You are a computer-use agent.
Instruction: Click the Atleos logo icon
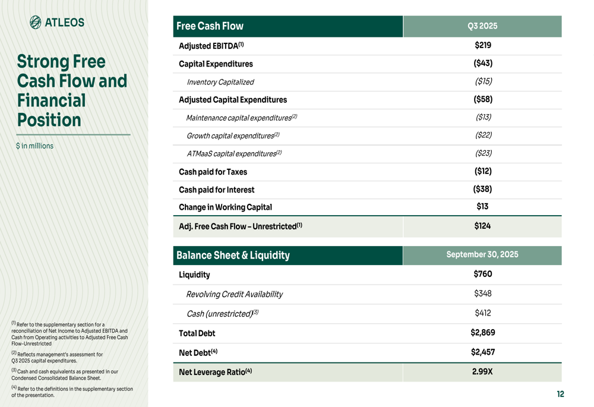click(36, 23)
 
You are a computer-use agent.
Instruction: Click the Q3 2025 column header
click(482, 26)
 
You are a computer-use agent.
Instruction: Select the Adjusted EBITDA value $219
click(482, 45)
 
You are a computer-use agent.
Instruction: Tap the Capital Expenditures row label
click(216, 64)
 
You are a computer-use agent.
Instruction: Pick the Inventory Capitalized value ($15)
click(483, 81)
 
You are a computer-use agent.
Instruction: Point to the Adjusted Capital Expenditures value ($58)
click(482, 99)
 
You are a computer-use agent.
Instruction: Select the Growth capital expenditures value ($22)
click(483, 135)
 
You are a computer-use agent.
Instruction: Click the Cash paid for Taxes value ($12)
click(482, 171)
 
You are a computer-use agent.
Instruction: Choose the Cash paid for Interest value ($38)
click(482, 189)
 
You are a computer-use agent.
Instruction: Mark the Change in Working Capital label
click(225, 207)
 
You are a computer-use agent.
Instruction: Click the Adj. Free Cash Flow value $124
click(482, 226)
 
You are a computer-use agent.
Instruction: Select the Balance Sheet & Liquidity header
click(233, 255)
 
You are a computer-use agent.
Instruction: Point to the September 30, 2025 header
click(482, 254)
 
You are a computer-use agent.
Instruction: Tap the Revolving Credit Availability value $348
click(482, 294)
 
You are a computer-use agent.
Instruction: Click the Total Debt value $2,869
click(482, 333)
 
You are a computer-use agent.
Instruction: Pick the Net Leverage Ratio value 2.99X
click(482, 372)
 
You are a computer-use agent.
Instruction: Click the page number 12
click(560, 394)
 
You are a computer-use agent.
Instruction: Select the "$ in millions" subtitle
click(34, 146)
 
